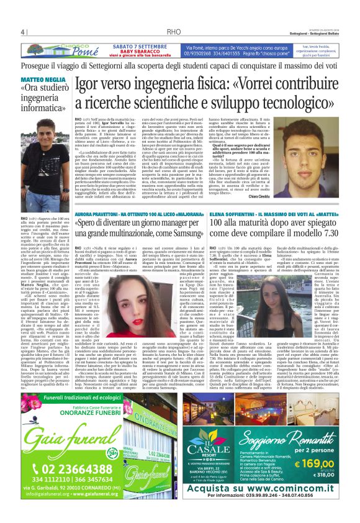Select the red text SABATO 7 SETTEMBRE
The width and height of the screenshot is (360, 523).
click(140, 45)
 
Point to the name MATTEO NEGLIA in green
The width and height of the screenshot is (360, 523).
click(40, 81)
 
